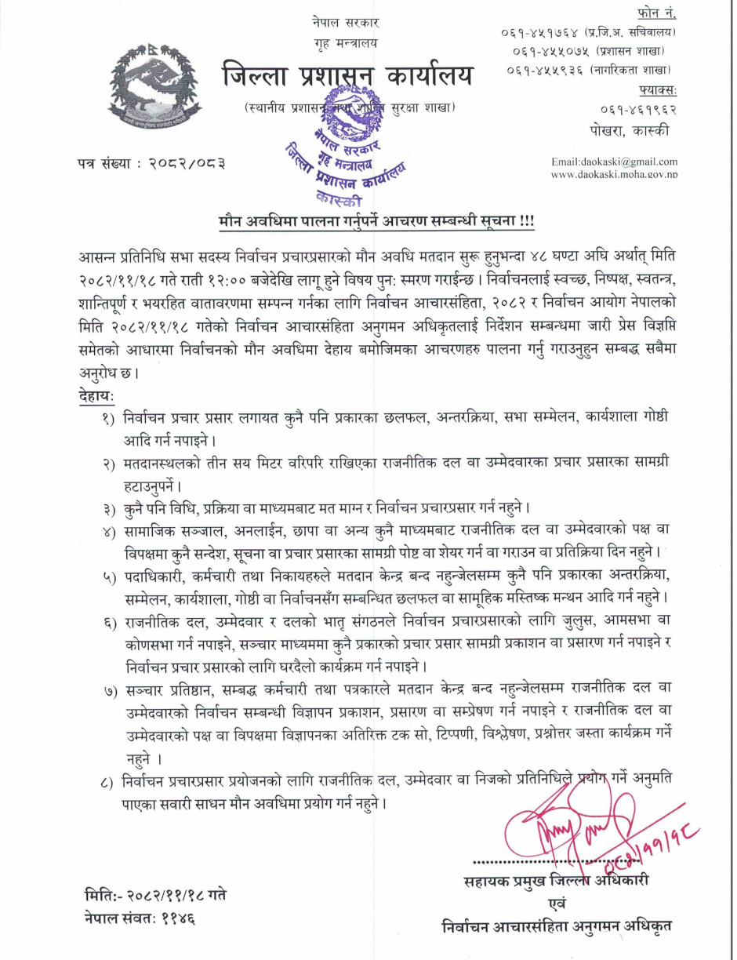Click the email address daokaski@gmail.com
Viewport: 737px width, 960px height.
[614, 161]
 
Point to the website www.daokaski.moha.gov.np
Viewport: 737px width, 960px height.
[614, 174]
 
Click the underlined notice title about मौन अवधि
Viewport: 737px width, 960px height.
[376, 222]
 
